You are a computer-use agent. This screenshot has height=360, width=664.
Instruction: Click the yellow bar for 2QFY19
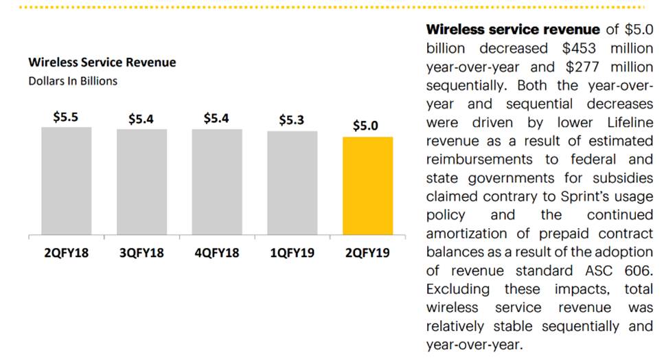(x=367, y=185)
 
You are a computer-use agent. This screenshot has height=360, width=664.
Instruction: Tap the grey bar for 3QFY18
(x=141, y=182)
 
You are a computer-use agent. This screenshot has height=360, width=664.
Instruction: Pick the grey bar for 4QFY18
(x=217, y=182)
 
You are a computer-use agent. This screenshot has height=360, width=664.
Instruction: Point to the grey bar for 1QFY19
(x=293, y=183)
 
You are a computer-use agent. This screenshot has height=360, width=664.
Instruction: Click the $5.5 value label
(x=66, y=117)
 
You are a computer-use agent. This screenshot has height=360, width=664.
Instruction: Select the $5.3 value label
(x=292, y=120)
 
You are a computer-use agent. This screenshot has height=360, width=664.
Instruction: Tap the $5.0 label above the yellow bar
(x=365, y=126)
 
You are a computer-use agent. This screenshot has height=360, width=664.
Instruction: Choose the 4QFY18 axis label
(x=216, y=254)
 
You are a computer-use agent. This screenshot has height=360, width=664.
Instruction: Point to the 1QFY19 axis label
(x=292, y=254)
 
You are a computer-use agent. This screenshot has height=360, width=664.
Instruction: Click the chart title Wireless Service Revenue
(x=102, y=63)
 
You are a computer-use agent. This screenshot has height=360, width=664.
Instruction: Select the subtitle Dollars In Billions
(x=73, y=81)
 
